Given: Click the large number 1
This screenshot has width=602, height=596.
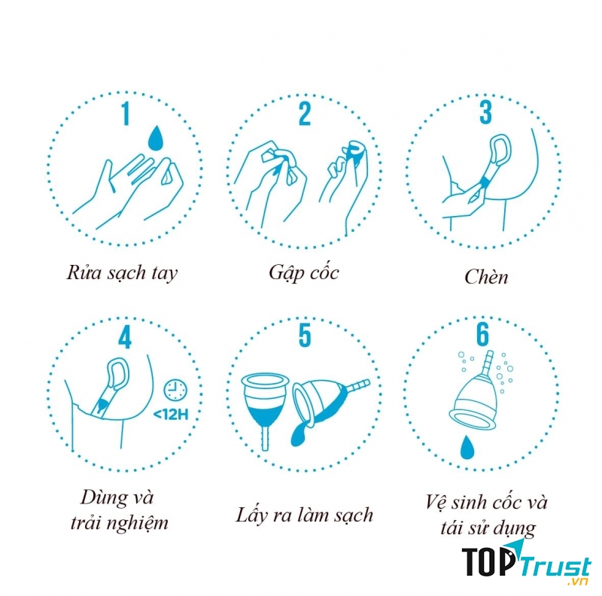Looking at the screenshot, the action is pyautogui.click(x=126, y=114).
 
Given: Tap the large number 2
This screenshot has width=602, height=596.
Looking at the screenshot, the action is pyautogui.click(x=305, y=114).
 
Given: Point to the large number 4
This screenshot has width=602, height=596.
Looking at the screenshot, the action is pyautogui.click(x=125, y=338).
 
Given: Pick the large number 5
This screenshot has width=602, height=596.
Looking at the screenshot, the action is pyautogui.click(x=305, y=336).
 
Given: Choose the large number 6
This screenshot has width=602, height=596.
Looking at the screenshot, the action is pyautogui.click(x=483, y=334).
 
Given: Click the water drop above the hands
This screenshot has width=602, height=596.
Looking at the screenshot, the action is pyautogui.click(x=156, y=138).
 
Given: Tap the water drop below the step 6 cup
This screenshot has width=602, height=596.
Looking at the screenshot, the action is pyautogui.click(x=467, y=448).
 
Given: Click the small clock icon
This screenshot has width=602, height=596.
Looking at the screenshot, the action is pyautogui.click(x=175, y=390).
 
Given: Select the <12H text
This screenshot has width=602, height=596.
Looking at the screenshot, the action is pyautogui.click(x=171, y=415).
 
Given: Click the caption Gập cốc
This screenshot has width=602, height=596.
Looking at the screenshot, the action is pyautogui.click(x=304, y=273).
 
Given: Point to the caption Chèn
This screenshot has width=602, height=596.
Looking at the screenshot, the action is pyautogui.click(x=486, y=276).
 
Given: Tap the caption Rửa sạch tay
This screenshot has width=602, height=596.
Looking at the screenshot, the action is pyautogui.click(x=122, y=273).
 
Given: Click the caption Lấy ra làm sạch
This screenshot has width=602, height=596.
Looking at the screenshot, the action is pyautogui.click(x=304, y=515).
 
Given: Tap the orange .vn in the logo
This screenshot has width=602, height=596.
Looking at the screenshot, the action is pyautogui.click(x=578, y=582).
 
